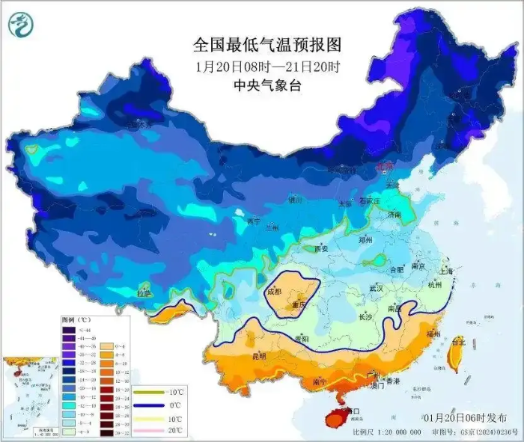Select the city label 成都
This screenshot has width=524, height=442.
pyautogui.click(x=273, y=292)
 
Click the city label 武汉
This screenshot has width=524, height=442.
pyautogui.click(x=376, y=288)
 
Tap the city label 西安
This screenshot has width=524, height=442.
pyautogui.click(x=322, y=249)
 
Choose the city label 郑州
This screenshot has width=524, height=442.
pyautogui.click(x=365, y=241)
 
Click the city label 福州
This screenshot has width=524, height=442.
pyautogui.click(x=433, y=334)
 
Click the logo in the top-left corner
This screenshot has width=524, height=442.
pyautogui.click(x=22, y=25)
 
